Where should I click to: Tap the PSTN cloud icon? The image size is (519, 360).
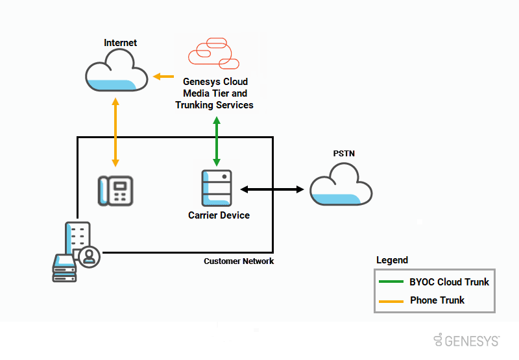[x=341, y=185]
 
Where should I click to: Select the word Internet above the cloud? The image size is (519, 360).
[x=121, y=43]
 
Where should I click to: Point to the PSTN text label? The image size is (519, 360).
[x=344, y=154]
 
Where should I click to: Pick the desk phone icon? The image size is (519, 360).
[x=115, y=191]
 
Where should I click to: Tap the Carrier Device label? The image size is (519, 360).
[x=219, y=215]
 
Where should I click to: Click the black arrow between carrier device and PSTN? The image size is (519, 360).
[x=272, y=189]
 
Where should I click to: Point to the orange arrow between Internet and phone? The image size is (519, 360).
[x=115, y=132]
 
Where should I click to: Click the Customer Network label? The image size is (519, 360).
[x=239, y=261]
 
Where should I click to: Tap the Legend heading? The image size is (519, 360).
[x=392, y=260]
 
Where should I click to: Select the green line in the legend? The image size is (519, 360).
[x=392, y=282]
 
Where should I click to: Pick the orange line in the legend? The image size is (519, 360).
[x=392, y=300]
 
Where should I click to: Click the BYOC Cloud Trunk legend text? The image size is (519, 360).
[x=450, y=282]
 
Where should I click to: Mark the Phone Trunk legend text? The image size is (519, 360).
[x=437, y=300]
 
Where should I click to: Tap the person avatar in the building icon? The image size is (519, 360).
[x=89, y=257]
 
